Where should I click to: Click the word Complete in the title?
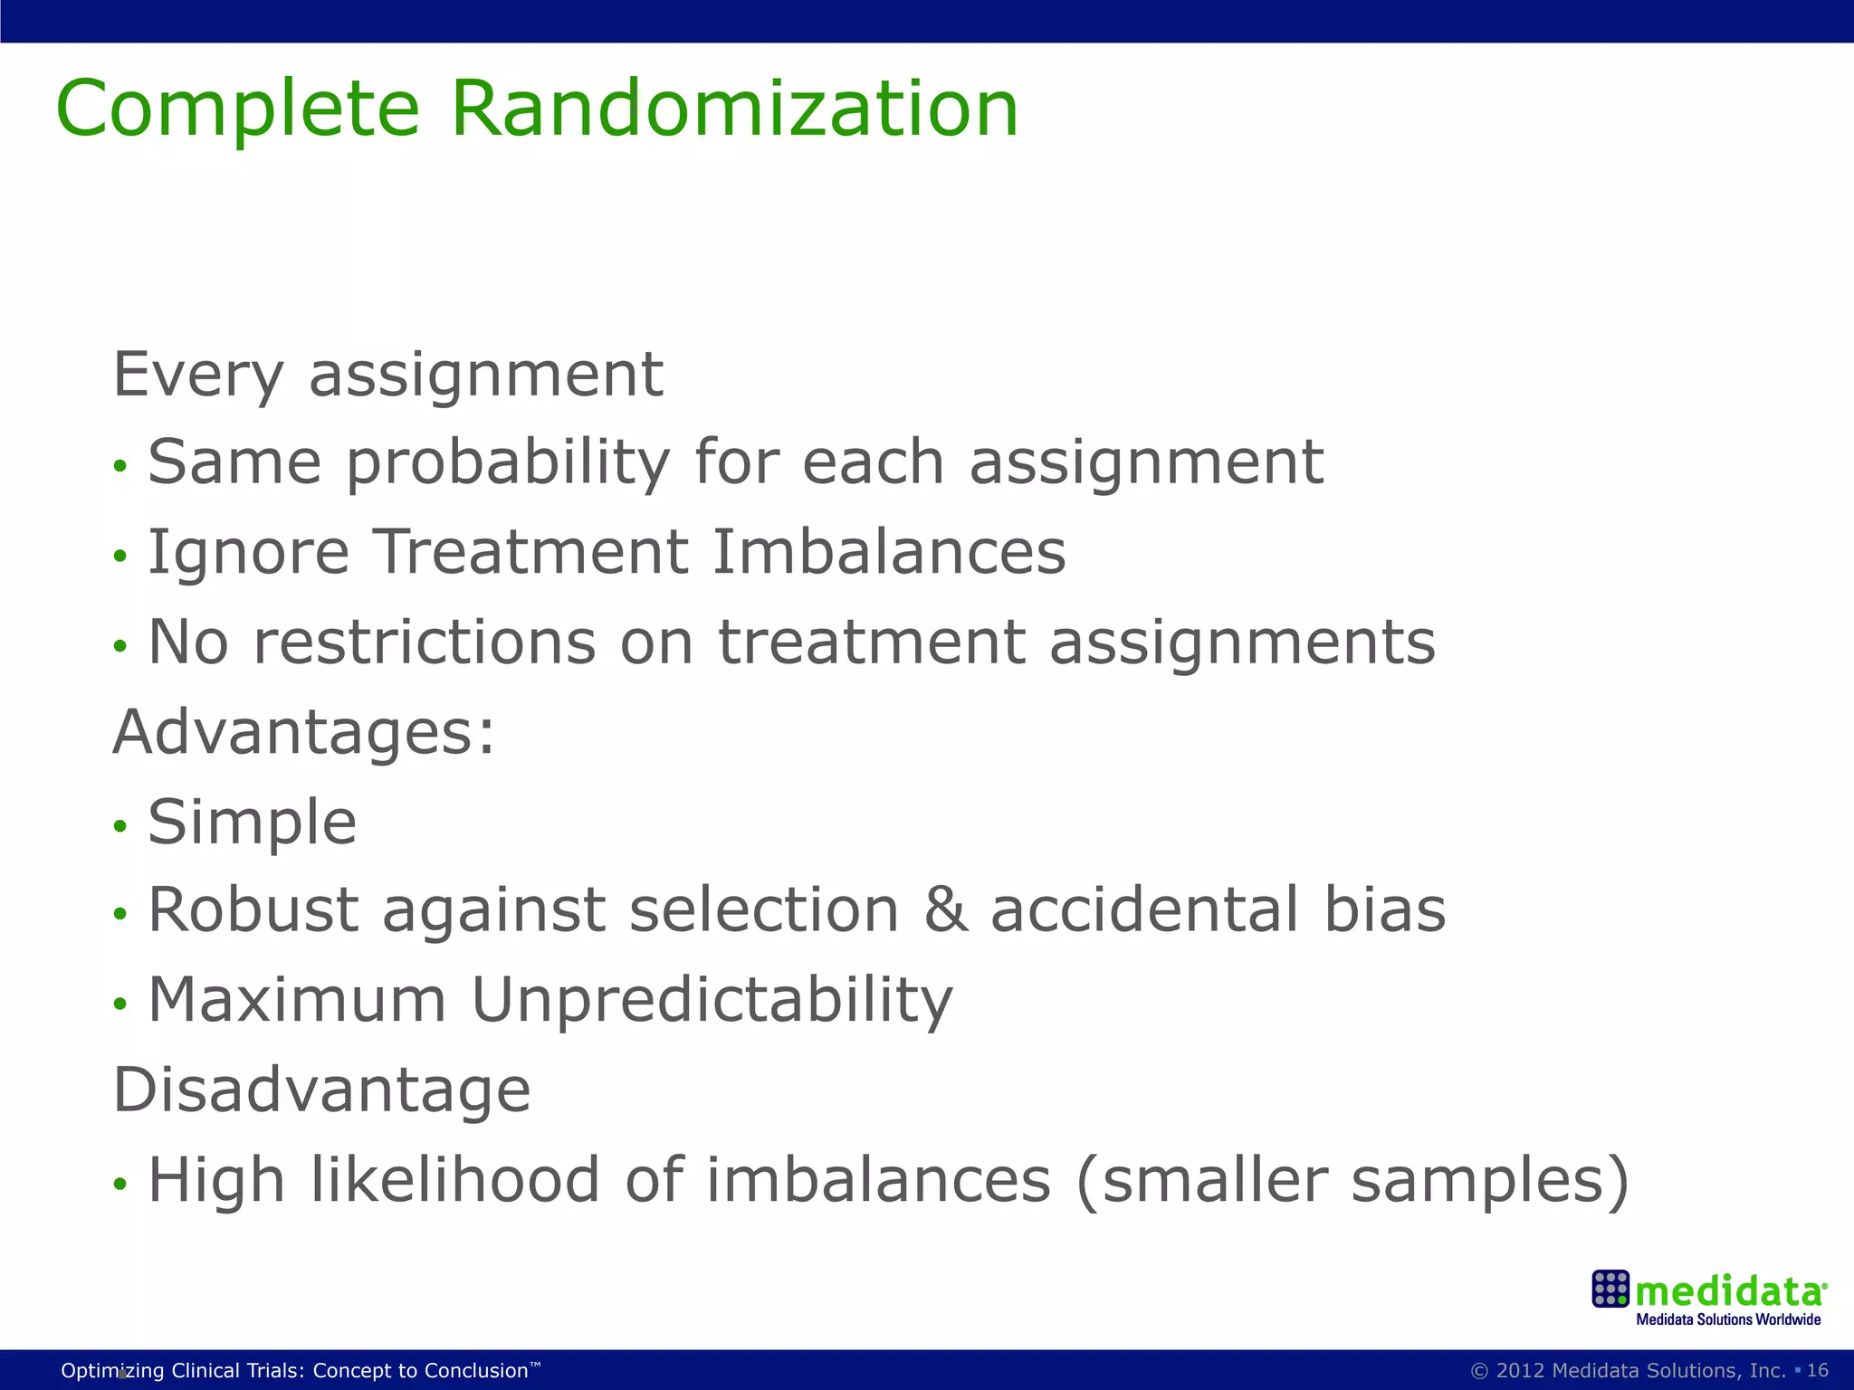click(237, 110)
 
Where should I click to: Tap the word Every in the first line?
click(197, 375)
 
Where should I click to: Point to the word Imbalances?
click(889, 552)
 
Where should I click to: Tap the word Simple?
click(253, 824)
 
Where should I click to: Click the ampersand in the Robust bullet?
click(945, 910)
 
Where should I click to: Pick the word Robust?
click(253, 910)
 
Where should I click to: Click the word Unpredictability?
click(712, 1001)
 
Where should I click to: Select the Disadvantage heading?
click(321, 1090)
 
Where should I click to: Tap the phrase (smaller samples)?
click(1352, 1182)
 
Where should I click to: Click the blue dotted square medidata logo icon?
click(1610, 1289)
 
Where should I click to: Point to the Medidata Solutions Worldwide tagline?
click(1727, 1320)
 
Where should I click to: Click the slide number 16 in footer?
click(1818, 1370)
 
